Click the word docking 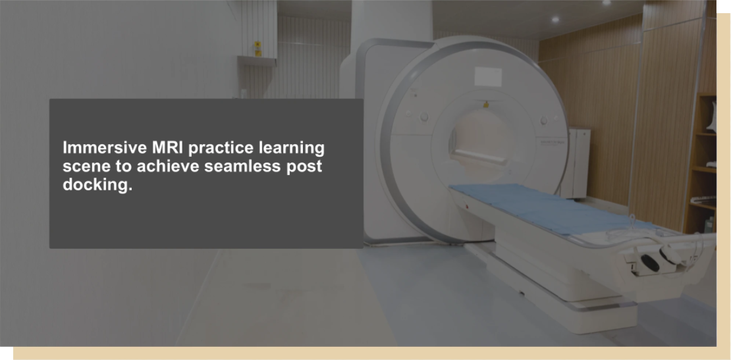(97, 185)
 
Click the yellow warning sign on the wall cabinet (257, 49)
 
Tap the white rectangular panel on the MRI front (488, 76)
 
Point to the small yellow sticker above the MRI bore (486, 105)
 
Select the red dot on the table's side (466, 206)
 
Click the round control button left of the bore (423, 117)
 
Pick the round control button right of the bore (543, 120)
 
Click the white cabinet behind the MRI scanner (577, 163)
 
